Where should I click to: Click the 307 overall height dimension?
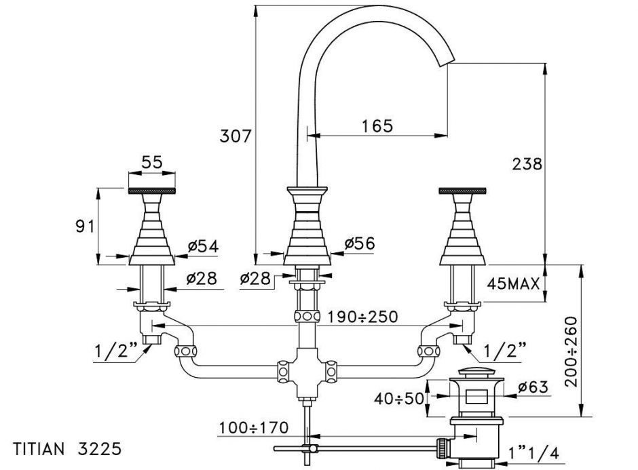(x=236, y=136)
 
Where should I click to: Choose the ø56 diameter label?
(x=360, y=243)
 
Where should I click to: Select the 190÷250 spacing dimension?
(x=362, y=317)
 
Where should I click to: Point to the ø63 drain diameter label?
(x=533, y=387)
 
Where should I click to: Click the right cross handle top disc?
(x=464, y=191)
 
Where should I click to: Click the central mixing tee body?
(x=307, y=372)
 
